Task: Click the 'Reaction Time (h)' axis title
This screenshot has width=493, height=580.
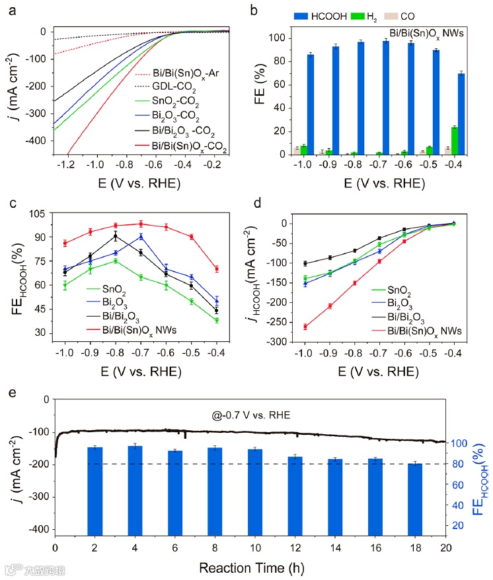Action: (249, 567)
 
